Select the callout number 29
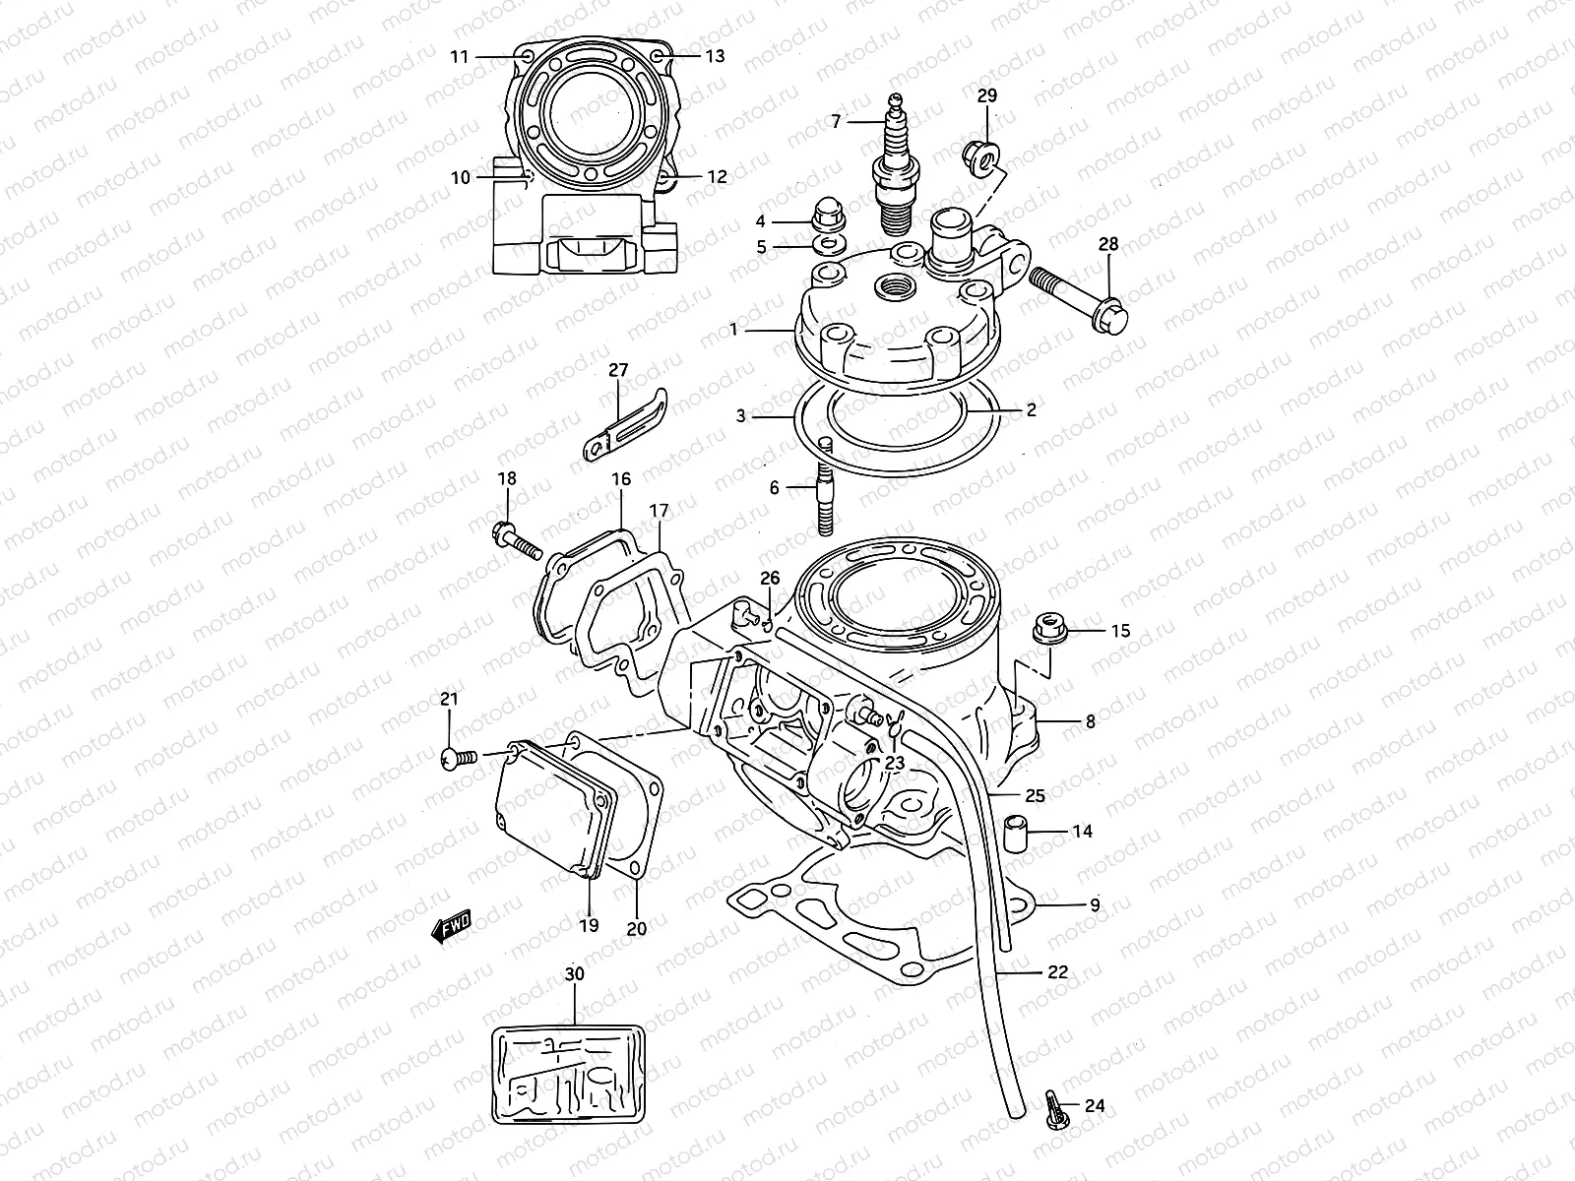(x=986, y=95)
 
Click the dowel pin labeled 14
(x=1016, y=834)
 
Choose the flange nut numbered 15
(x=1048, y=630)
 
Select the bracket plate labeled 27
(x=622, y=422)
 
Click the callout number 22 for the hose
(x=1057, y=971)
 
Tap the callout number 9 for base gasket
(x=1094, y=904)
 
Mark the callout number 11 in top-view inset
(x=459, y=56)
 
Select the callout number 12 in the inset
(x=717, y=177)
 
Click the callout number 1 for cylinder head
(x=733, y=330)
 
